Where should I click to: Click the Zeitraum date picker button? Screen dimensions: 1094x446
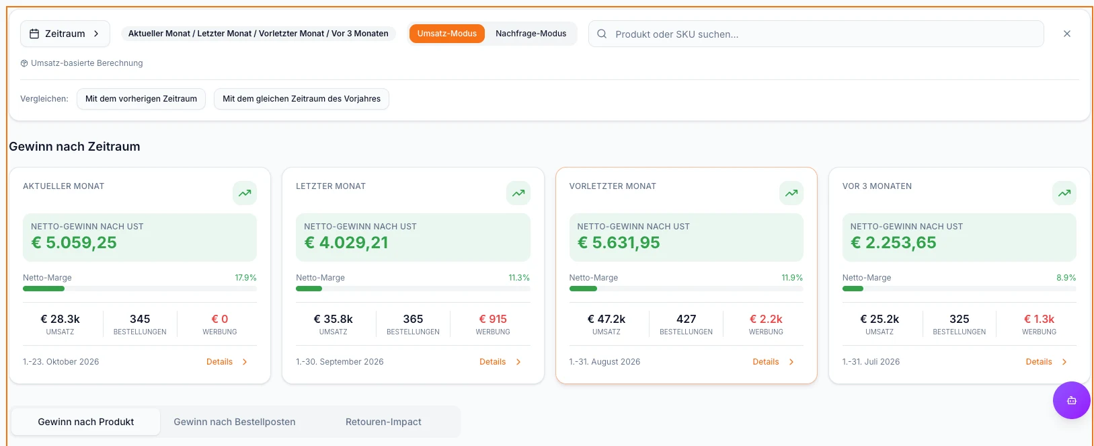pos(65,34)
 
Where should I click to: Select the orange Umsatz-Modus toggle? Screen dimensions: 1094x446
pos(447,34)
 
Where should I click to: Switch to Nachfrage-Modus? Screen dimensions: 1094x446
pos(531,34)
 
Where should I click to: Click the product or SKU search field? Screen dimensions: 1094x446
pos(816,34)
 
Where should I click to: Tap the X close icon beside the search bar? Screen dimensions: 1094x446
pos(1066,34)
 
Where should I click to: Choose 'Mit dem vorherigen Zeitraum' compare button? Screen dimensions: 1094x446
pos(141,99)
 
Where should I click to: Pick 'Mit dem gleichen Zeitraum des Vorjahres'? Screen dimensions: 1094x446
pos(301,99)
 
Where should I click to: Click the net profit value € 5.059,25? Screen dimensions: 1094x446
pos(74,242)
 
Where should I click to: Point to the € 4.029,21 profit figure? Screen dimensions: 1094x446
pos(346,242)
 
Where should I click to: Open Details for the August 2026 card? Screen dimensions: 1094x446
pos(773,362)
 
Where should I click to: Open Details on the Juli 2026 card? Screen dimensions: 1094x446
pos(1046,362)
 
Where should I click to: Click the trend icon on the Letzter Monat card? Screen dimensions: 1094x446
pos(518,193)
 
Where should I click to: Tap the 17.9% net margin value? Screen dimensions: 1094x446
pos(245,277)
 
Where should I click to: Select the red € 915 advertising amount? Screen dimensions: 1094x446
pos(493,319)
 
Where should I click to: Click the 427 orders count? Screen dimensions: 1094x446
pos(687,319)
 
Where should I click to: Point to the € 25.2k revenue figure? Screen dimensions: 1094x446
pos(880,319)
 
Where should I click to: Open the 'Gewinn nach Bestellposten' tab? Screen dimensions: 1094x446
pos(235,422)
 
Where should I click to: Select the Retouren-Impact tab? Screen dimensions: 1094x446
pos(383,422)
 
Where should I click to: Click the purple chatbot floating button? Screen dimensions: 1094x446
pos(1072,400)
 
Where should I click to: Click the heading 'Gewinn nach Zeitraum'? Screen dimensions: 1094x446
pos(74,147)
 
